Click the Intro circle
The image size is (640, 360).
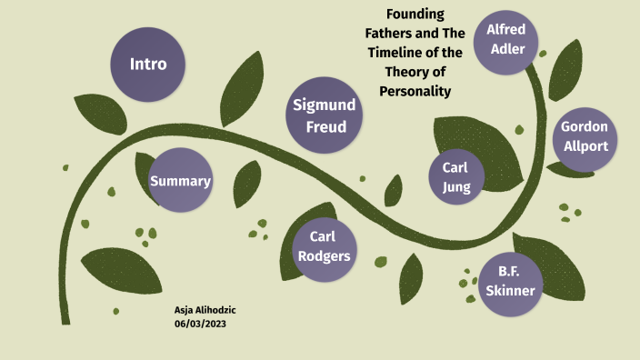coord(147,64)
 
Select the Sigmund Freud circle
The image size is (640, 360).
coord(325,115)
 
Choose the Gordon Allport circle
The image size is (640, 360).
coord(584,135)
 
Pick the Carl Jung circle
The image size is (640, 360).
coord(455,176)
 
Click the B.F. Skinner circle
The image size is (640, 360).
coord(510,282)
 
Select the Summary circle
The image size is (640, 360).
coord(180,181)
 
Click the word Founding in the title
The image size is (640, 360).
coord(415,15)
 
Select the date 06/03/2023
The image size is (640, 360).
coord(200,325)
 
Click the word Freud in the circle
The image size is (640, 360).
coord(325,126)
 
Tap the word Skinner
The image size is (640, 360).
coord(510,291)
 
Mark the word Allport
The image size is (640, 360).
coord(585,145)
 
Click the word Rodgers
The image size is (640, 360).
coord(323,256)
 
